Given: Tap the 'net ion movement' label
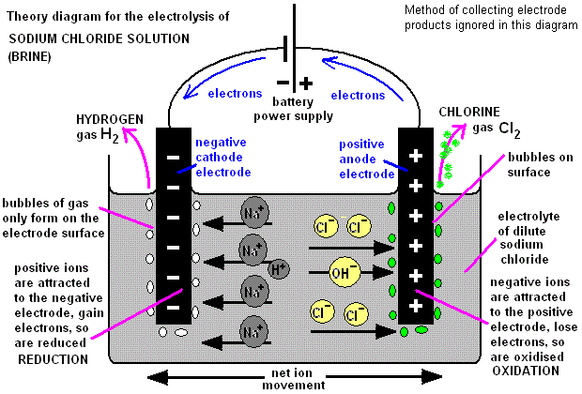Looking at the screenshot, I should [301, 378].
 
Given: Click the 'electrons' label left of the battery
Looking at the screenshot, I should [236, 96].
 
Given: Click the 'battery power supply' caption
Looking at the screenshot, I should [293, 109].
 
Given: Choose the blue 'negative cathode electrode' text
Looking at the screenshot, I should [222, 158].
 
